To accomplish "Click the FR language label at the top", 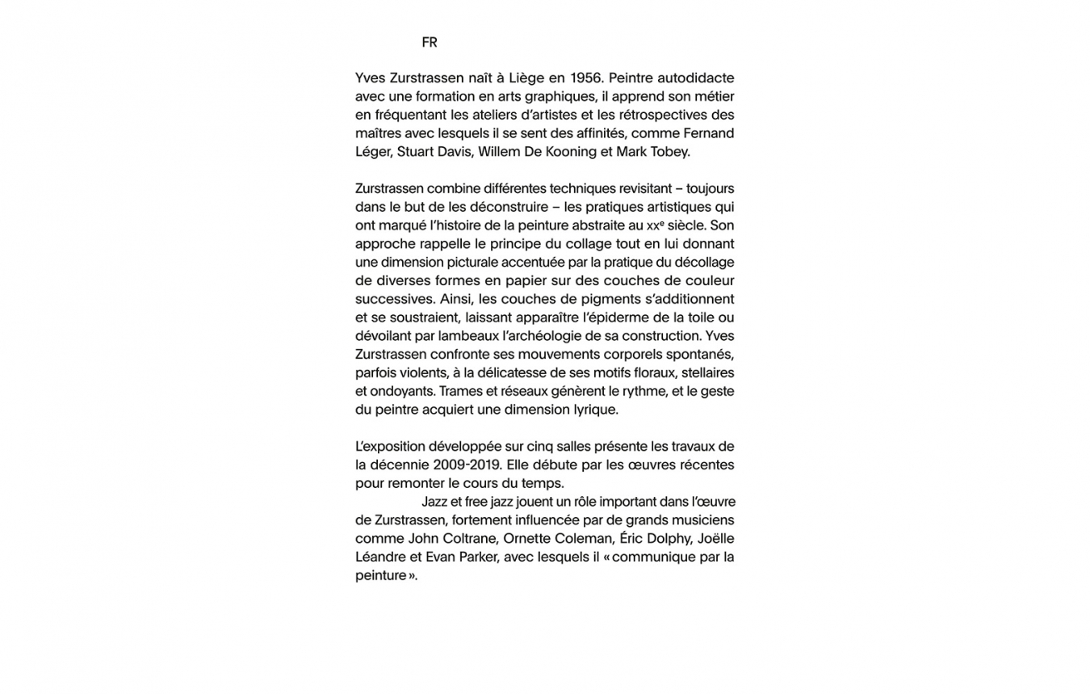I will tap(429, 42).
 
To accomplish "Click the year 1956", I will tap(585, 78).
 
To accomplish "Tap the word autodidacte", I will tap(695, 78).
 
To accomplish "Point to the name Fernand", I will tap(708, 133).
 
